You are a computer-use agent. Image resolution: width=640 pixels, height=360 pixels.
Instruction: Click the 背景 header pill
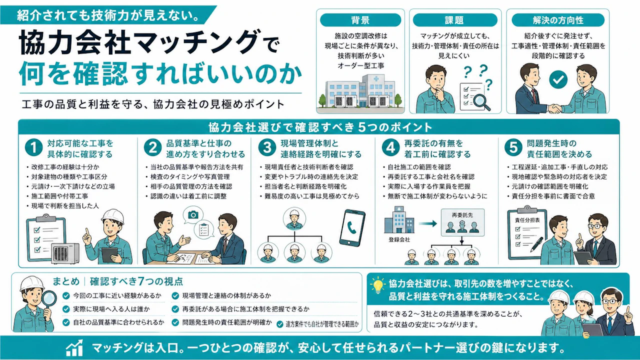[360, 20]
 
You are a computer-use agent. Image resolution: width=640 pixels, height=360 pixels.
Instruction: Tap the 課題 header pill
[455, 20]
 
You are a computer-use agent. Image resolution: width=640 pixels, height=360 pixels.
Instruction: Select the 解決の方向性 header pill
[558, 20]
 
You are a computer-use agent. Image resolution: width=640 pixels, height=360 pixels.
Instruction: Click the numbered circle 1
[33, 147]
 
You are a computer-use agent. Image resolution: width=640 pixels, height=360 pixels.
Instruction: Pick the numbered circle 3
[267, 147]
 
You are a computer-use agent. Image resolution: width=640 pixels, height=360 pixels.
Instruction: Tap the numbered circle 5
[513, 147]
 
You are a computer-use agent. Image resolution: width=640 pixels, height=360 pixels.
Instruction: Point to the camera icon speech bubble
[193, 215]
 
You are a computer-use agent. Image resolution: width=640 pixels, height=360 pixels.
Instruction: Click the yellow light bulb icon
[377, 285]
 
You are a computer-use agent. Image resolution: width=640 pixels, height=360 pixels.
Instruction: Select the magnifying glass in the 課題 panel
[481, 101]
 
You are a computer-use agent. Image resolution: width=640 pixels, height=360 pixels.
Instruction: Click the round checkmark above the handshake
[558, 79]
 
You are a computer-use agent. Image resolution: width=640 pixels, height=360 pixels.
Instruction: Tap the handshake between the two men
[554, 108]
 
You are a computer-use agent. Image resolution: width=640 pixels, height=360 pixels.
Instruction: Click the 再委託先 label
[462, 215]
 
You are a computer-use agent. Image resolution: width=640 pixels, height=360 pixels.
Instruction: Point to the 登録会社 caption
[399, 239]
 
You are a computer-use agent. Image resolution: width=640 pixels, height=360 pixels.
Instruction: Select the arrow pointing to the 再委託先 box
[427, 223]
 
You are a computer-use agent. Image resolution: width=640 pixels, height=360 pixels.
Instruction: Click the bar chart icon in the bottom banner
[74, 348]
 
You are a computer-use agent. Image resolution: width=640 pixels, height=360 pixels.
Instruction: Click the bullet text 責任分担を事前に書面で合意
[553, 196]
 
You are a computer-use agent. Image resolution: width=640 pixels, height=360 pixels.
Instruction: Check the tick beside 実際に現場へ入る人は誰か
[66, 309]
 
